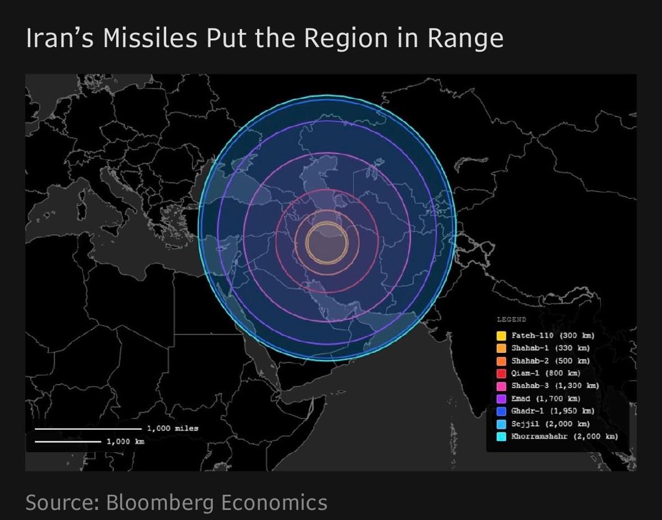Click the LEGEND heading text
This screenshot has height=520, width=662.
(x=511, y=319)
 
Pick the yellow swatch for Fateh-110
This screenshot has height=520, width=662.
(x=501, y=336)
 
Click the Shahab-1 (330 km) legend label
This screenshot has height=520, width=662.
(x=550, y=348)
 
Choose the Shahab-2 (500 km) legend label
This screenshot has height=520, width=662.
(x=550, y=361)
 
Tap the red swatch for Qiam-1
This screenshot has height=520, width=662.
(x=501, y=373)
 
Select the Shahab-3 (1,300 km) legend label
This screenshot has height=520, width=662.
(x=554, y=385)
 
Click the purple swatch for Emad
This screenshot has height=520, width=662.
(x=501, y=399)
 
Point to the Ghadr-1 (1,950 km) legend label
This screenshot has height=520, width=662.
(x=552, y=411)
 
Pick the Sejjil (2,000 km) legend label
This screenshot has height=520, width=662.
(x=550, y=423)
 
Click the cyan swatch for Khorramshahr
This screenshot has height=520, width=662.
(x=501, y=436)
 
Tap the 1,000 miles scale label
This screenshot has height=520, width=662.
(x=173, y=428)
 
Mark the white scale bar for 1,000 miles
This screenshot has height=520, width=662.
(x=88, y=428)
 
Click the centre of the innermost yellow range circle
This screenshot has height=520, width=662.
(x=327, y=243)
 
